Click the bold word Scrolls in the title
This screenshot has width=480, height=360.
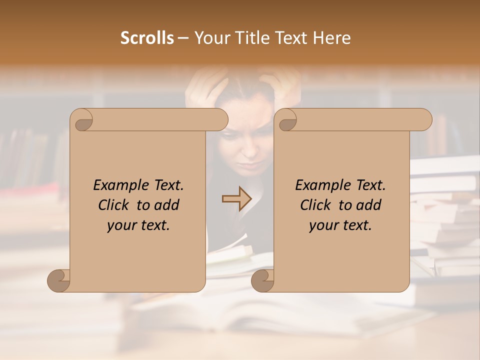147,38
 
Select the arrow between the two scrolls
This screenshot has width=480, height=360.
236,198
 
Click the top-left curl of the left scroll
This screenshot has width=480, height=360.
81,120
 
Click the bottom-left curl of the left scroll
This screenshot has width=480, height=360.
59,280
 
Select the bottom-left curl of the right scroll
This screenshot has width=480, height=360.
263,280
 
